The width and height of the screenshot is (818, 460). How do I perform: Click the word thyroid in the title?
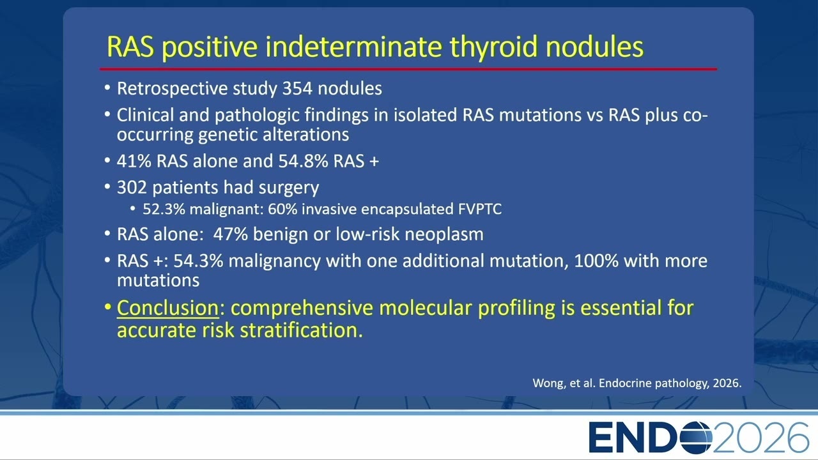pyautogui.click(x=493, y=47)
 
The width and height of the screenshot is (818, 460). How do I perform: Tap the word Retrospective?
pyautogui.click(x=173, y=89)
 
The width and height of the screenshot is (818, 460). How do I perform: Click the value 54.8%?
pyautogui.click(x=303, y=161)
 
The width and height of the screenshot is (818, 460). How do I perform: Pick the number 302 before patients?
pyautogui.click(x=132, y=188)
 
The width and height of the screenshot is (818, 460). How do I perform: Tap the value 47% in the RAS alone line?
pyautogui.click(x=231, y=234)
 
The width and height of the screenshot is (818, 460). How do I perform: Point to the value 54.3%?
pyautogui.click(x=198, y=261)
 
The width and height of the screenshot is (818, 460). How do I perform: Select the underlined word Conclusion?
pyautogui.click(x=167, y=308)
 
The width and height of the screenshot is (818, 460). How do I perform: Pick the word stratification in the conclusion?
pyautogui.click(x=301, y=330)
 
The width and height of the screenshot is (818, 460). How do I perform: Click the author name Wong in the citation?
pyautogui.click(x=545, y=383)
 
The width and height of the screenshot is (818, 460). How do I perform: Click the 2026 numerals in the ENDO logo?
pyautogui.click(x=760, y=438)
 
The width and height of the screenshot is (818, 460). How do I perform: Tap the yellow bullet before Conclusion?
pyautogui.click(x=107, y=307)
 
